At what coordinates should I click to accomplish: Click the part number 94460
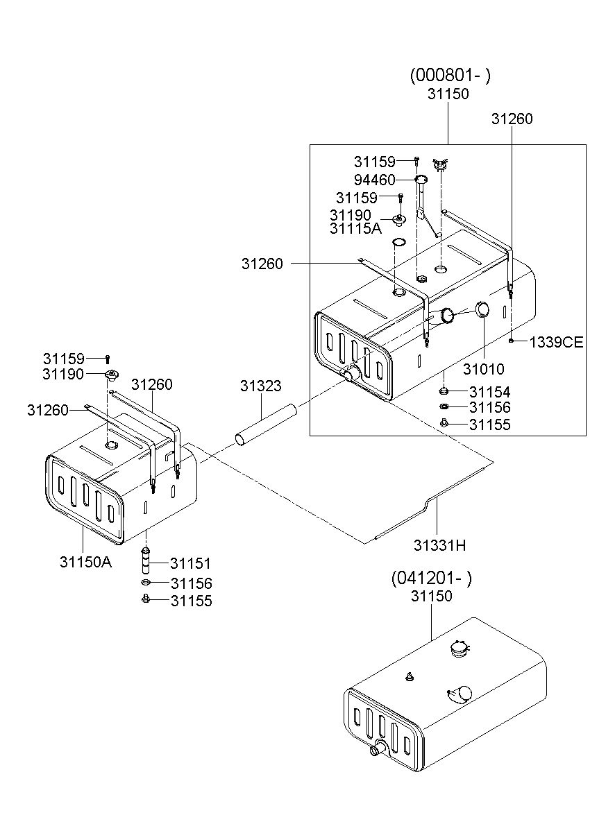(x=374, y=180)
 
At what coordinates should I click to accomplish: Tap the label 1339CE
(x=557, y=342)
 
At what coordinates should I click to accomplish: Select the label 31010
(x=484, y=369)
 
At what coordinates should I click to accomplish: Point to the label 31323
(x=261, y=386)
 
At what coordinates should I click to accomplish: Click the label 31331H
(x=440, y=545)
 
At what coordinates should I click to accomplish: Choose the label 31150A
(x=86, y=562)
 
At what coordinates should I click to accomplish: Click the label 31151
(x=191, y=563)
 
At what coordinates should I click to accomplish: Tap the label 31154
(x=489, y=392)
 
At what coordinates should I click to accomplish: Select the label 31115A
(x=355, y=228)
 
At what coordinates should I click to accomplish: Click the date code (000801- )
(x=450, y=76)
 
